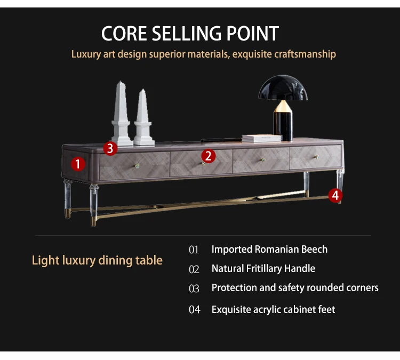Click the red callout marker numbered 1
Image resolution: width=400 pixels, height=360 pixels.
[x=78, y=164]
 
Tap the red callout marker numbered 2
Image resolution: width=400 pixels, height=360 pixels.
[x=208, y=156]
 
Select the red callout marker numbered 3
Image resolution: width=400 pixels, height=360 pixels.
[x=110, y=148]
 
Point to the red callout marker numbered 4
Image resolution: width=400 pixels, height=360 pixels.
[x=335, y=196]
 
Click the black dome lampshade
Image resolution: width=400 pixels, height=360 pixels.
[x=283, y=89]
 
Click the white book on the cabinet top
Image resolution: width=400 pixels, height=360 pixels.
[x=261, y=138]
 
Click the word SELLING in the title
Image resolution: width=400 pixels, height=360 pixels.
[x=190, y=34]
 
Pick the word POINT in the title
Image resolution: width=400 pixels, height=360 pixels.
[x=254, y=34]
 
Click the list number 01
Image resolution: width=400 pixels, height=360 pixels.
[x=194, y=250]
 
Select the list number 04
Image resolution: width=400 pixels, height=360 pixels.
[x=194, y=310]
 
